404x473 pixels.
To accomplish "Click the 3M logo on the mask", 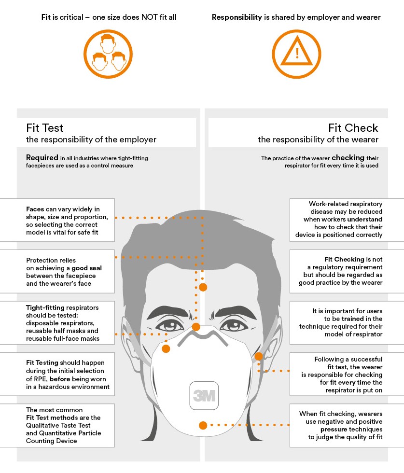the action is pos(204,395).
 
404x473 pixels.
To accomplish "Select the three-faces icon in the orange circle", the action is pos(108,54).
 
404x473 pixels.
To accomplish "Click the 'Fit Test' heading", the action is pos(45,128).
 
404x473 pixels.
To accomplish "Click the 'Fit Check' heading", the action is pos(353,128).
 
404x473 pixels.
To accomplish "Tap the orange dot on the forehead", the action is pos(203,287).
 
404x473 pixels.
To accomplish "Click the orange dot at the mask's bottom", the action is pos(203,425).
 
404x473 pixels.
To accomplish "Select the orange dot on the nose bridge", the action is pos(196,327).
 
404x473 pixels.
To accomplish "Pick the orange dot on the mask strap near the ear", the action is pos(259,356).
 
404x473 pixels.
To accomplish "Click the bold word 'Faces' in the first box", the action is pos(35,209).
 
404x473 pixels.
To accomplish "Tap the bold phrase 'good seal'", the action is pos(86,268).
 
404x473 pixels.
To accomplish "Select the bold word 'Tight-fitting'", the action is pos(45,308).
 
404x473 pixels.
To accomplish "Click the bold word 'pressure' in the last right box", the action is pos(334,430).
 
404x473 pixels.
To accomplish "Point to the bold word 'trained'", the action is pos(352,319).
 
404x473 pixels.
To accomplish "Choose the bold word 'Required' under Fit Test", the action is pos(42,157).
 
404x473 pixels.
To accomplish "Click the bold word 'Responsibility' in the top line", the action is pos(237,17).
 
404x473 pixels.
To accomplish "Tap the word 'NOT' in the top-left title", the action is pos(149,17).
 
